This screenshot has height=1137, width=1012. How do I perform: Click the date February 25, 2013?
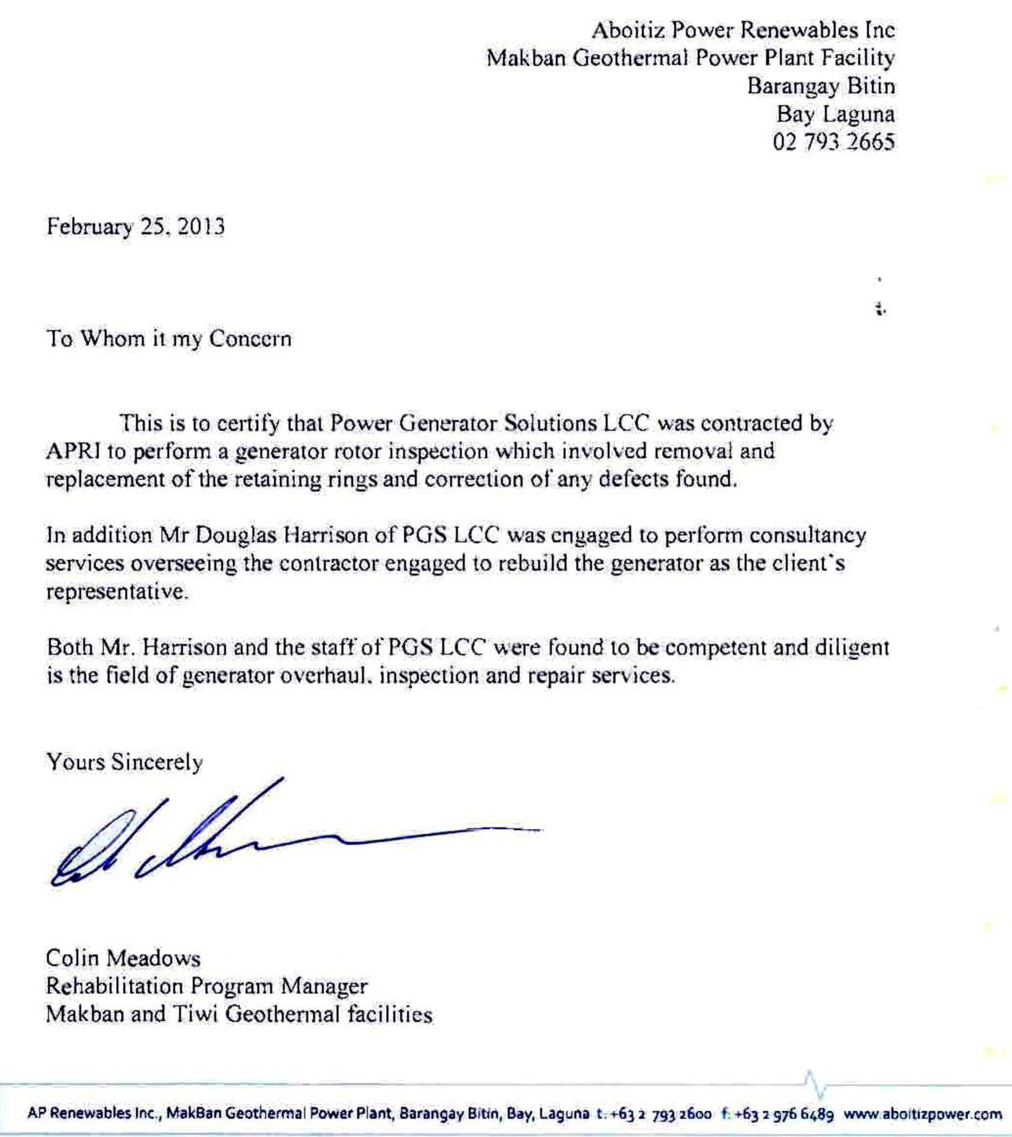click(x=135, y=227)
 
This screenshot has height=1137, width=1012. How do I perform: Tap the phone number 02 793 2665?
click(x=833, y=142)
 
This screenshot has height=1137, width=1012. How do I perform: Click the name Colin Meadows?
click(x=123, y=958)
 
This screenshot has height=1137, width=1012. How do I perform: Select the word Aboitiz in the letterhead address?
click(x=628, y=30)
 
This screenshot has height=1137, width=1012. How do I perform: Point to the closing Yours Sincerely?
click(x=124, y=762)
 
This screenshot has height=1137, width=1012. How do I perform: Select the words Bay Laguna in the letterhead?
click(x=835, y=115)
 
